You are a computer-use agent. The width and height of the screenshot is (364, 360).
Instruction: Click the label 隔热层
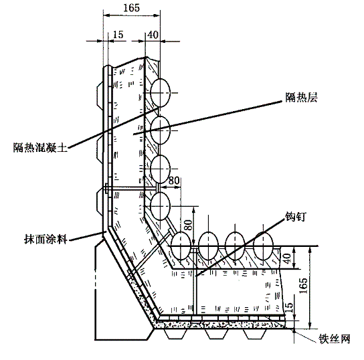click(301, 97)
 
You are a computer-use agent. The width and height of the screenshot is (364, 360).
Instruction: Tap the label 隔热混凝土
click(40, 147)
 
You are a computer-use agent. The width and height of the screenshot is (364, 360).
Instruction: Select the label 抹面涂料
click(45, 239)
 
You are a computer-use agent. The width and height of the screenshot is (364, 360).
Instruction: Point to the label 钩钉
click(296, 217)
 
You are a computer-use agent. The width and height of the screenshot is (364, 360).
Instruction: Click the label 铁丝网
click(334, 339)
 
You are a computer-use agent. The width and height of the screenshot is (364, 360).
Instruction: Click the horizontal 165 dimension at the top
click(131, 8)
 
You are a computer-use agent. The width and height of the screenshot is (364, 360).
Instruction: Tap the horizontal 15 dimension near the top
click(118, 35)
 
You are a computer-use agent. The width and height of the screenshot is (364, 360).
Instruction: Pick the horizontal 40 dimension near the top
click(153, 35)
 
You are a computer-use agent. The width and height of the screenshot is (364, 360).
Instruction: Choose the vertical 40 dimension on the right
click(287, 258)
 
